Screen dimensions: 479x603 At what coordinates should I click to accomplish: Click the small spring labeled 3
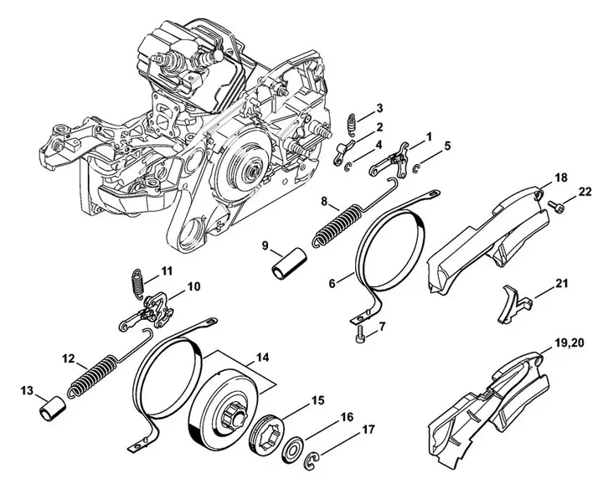353,125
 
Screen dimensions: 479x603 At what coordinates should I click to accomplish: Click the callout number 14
262,358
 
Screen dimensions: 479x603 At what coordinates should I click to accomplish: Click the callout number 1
430,135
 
